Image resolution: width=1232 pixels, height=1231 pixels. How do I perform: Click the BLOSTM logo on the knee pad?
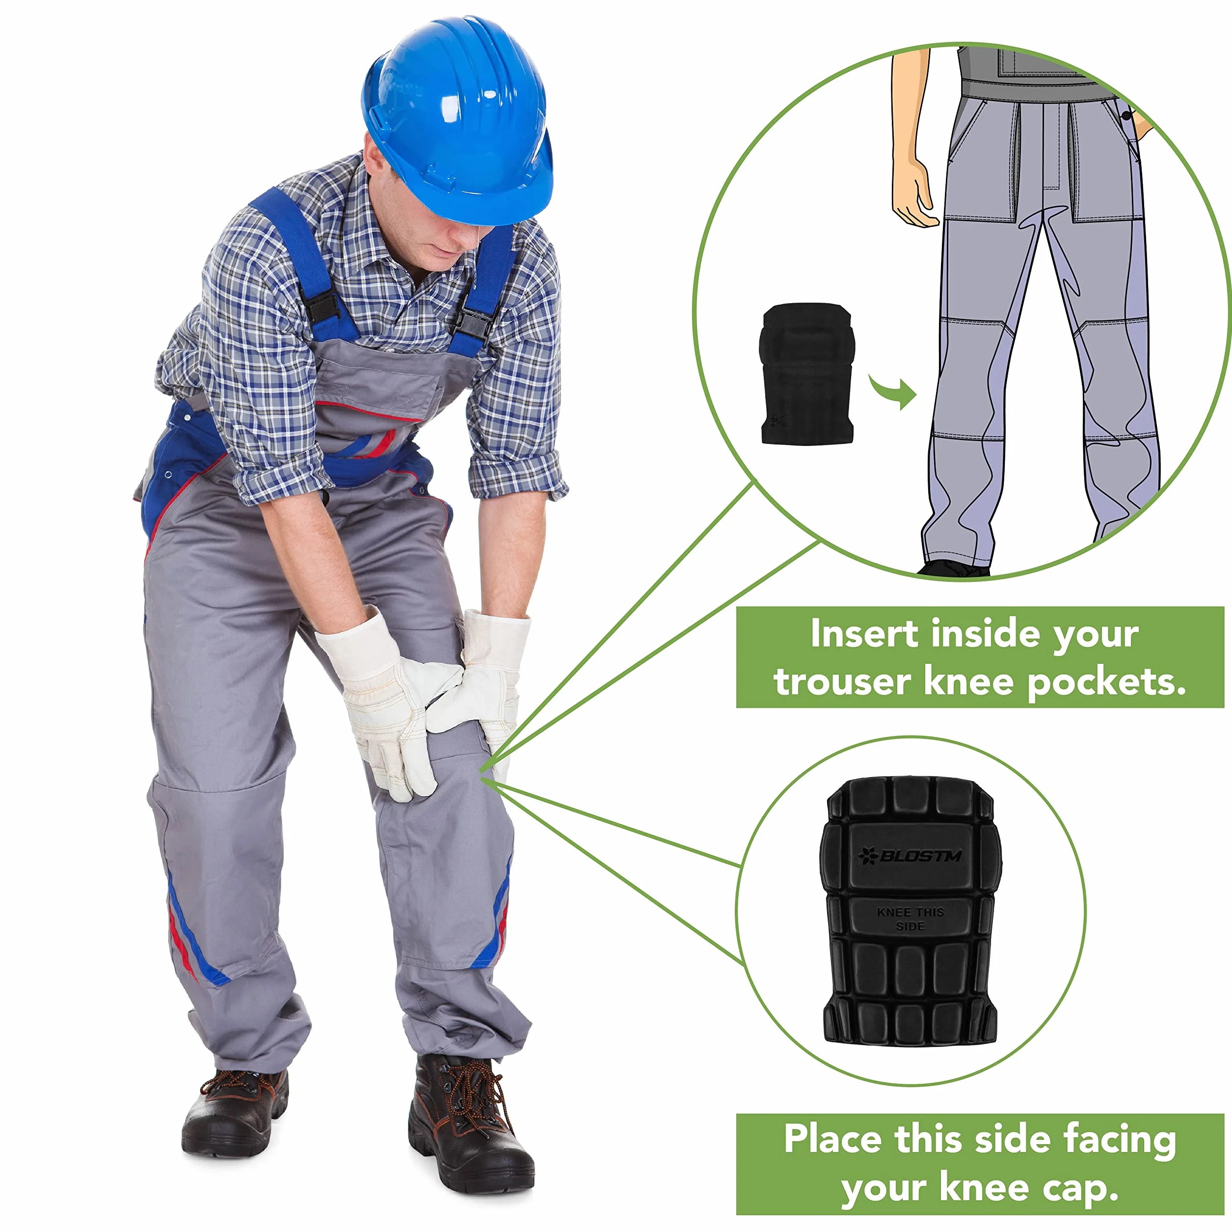click(910, 856)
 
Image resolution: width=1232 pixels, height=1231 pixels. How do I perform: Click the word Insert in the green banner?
click(865, 635)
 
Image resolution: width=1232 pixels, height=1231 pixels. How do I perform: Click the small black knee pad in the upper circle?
click(806, 373)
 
